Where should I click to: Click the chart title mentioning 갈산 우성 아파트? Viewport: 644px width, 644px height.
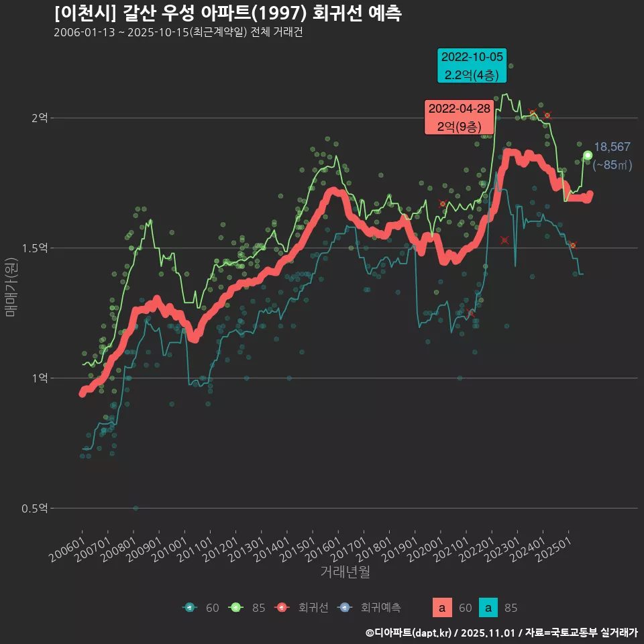point(227,13)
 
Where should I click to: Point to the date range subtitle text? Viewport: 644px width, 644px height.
point(178,33)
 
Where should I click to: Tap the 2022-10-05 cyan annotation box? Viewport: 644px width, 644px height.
point(472,66)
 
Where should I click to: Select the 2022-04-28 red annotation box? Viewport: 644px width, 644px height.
point(459,117)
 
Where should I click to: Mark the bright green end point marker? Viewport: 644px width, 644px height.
point(588,156)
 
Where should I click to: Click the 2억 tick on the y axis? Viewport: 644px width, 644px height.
point(40,118)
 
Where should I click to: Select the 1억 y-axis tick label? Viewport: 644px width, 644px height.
point(40,378)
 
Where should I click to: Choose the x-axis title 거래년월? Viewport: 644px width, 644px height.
point(345,572)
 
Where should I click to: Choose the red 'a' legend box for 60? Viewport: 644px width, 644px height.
point(441,608)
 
